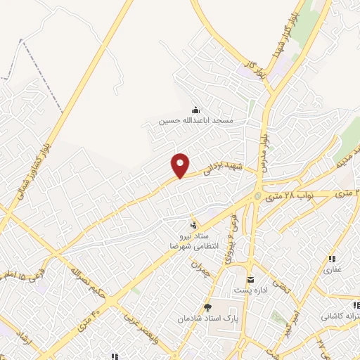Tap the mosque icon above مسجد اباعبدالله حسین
tap(196, 110)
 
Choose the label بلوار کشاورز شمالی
tap(27, 176)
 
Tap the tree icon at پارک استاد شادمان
tap(207, 307)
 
